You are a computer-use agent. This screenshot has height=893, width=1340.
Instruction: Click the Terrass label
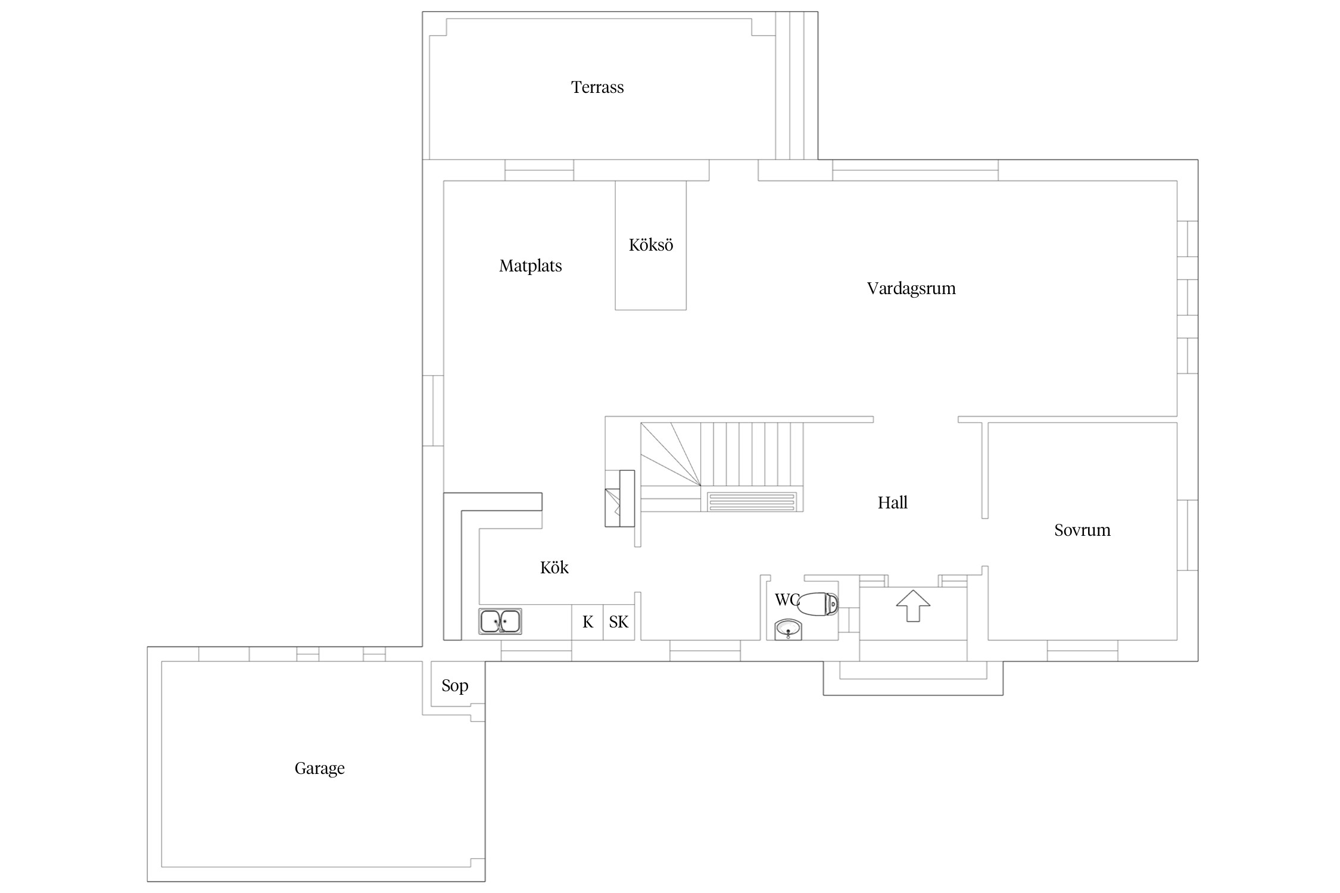(x=597, y=88)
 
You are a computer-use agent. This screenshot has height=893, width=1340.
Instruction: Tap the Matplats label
(x=530, y=266)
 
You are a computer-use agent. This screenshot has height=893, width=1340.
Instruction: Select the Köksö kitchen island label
(x=651, y=245)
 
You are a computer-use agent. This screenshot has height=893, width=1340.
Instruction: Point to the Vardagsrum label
(x=911, y=289)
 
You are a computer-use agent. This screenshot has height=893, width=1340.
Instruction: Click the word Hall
(x=892, y=502)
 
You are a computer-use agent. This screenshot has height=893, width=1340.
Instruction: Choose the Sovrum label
(x=1082, y=530)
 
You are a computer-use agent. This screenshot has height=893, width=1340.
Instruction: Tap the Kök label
(x=554, y=567)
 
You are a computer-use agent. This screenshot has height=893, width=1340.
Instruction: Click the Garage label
(x=319, y=769)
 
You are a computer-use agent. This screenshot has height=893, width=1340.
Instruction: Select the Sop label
(x=454, y=686)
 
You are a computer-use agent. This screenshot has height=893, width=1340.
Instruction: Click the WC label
(x=786, y=600)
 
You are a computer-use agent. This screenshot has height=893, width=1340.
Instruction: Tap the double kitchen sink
(x=500, y=621)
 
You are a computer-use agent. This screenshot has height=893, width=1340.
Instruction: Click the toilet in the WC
(x=818, y=604)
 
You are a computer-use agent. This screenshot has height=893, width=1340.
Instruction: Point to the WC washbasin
(x=789, y=629)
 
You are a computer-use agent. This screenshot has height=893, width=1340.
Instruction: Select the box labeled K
(x=587, y=622)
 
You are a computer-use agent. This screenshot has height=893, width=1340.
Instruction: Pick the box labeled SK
(x=619, y=622)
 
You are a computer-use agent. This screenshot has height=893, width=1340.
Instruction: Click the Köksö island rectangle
(x=650, y=245)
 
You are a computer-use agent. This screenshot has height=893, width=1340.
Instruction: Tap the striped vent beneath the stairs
(x=752, y=501)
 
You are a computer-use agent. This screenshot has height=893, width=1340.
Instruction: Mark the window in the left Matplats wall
(x=433, y=411)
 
